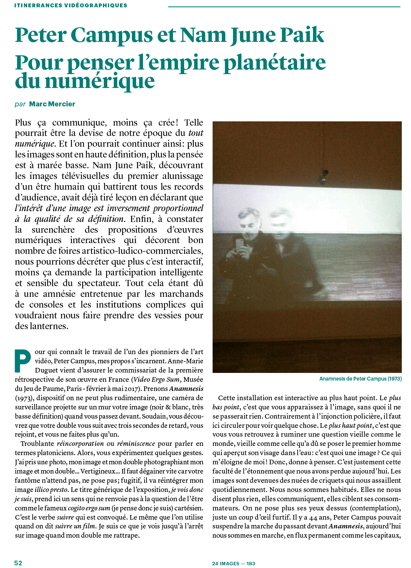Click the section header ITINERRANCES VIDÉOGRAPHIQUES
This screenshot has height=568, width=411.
[x=71, y=5]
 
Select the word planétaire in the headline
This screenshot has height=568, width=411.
[x=275, y=63]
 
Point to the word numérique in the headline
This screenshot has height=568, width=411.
[x=100, y=81]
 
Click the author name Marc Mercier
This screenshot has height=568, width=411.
[x=52, y=104]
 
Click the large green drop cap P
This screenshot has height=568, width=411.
[x=23, y=361]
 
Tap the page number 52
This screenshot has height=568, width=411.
[x=18, y=563]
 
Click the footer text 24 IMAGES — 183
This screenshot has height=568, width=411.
[x=233, y=563]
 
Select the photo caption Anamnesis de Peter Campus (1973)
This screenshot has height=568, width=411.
[x=360, y=379]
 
